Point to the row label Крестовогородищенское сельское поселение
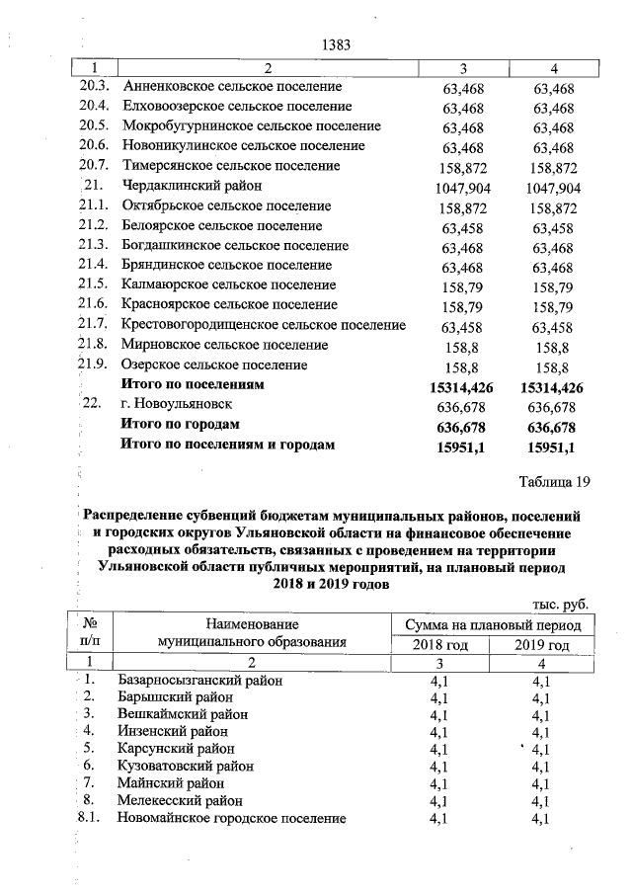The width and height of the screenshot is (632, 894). (263, 325)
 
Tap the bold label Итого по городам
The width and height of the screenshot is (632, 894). (179, 425)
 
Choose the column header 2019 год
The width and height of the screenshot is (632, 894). (541, 645)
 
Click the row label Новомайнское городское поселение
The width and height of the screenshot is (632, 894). (231, 818)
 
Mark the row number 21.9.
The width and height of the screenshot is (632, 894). (93, 365)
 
